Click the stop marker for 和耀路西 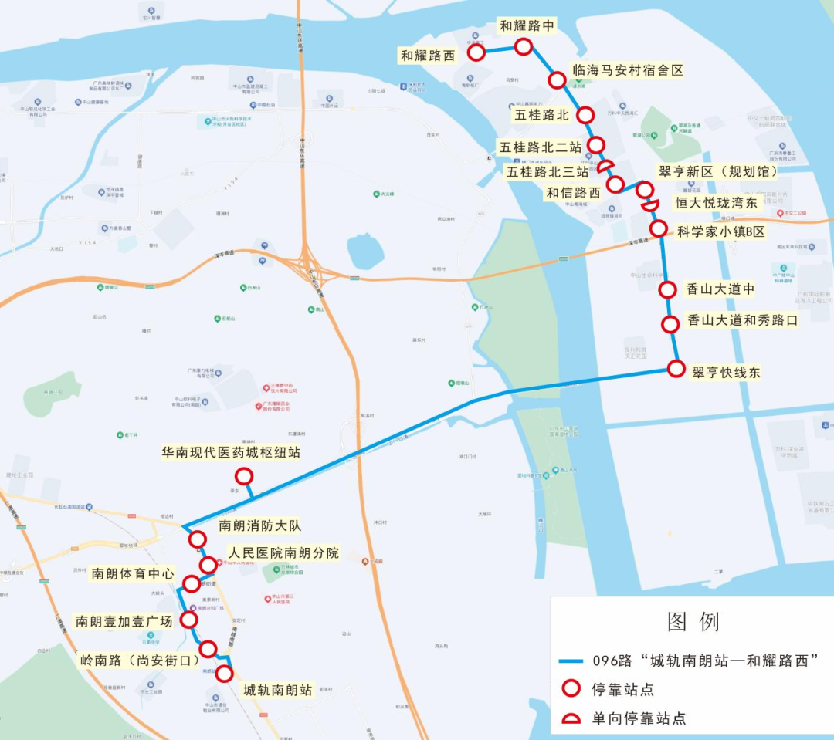[x=476, y=52]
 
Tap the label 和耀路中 [x=527, y=25]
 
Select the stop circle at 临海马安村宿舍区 [x=557, y=80]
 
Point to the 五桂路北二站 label [x=540, y=147]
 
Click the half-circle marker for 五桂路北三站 [x=605, y=167]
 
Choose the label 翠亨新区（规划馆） [x=717, y=171]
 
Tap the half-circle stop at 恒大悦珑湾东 [x=650, y=204]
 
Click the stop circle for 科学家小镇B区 [x=658, y=228]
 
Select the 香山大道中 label [x=720, y=289]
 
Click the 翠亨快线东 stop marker [x=676, y=369]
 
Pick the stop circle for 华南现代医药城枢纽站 [x=244, y=476]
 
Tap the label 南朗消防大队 [x=259, y=526]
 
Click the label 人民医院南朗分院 [x=283, y=553]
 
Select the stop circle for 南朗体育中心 [x=191, y=584]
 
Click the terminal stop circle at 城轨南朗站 [x=224, y=674]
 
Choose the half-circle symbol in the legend [x=571, y=719]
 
